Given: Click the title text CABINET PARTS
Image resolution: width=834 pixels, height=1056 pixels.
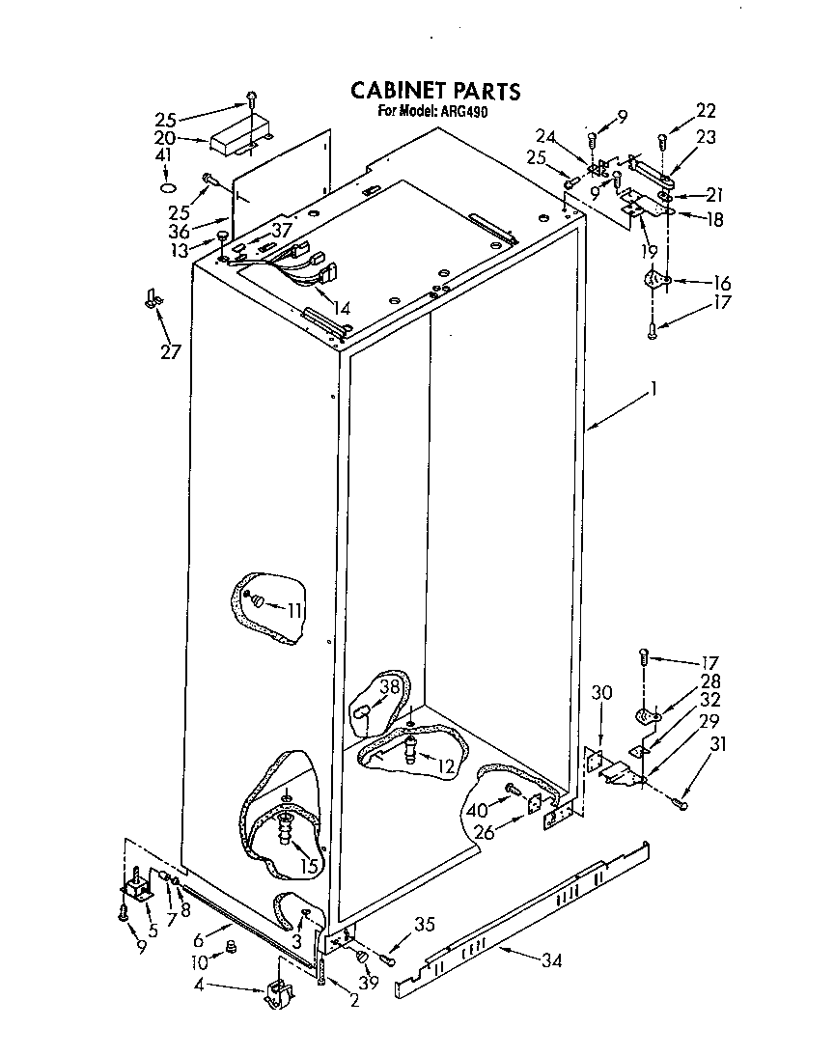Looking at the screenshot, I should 434,91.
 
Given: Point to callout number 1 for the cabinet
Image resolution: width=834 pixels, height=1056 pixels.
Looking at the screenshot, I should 653,390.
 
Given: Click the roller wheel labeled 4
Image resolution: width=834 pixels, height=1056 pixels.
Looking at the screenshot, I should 278,994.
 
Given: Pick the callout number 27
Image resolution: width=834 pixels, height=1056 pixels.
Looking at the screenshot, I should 171,351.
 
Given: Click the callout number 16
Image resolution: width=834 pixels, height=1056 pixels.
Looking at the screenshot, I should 722,284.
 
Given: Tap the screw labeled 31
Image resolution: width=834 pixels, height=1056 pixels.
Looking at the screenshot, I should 683,802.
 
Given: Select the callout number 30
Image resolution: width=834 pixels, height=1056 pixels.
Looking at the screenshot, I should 601,692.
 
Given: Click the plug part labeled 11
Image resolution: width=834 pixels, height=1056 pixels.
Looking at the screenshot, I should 257,602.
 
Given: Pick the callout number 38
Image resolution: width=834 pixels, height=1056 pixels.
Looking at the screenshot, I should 389,688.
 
